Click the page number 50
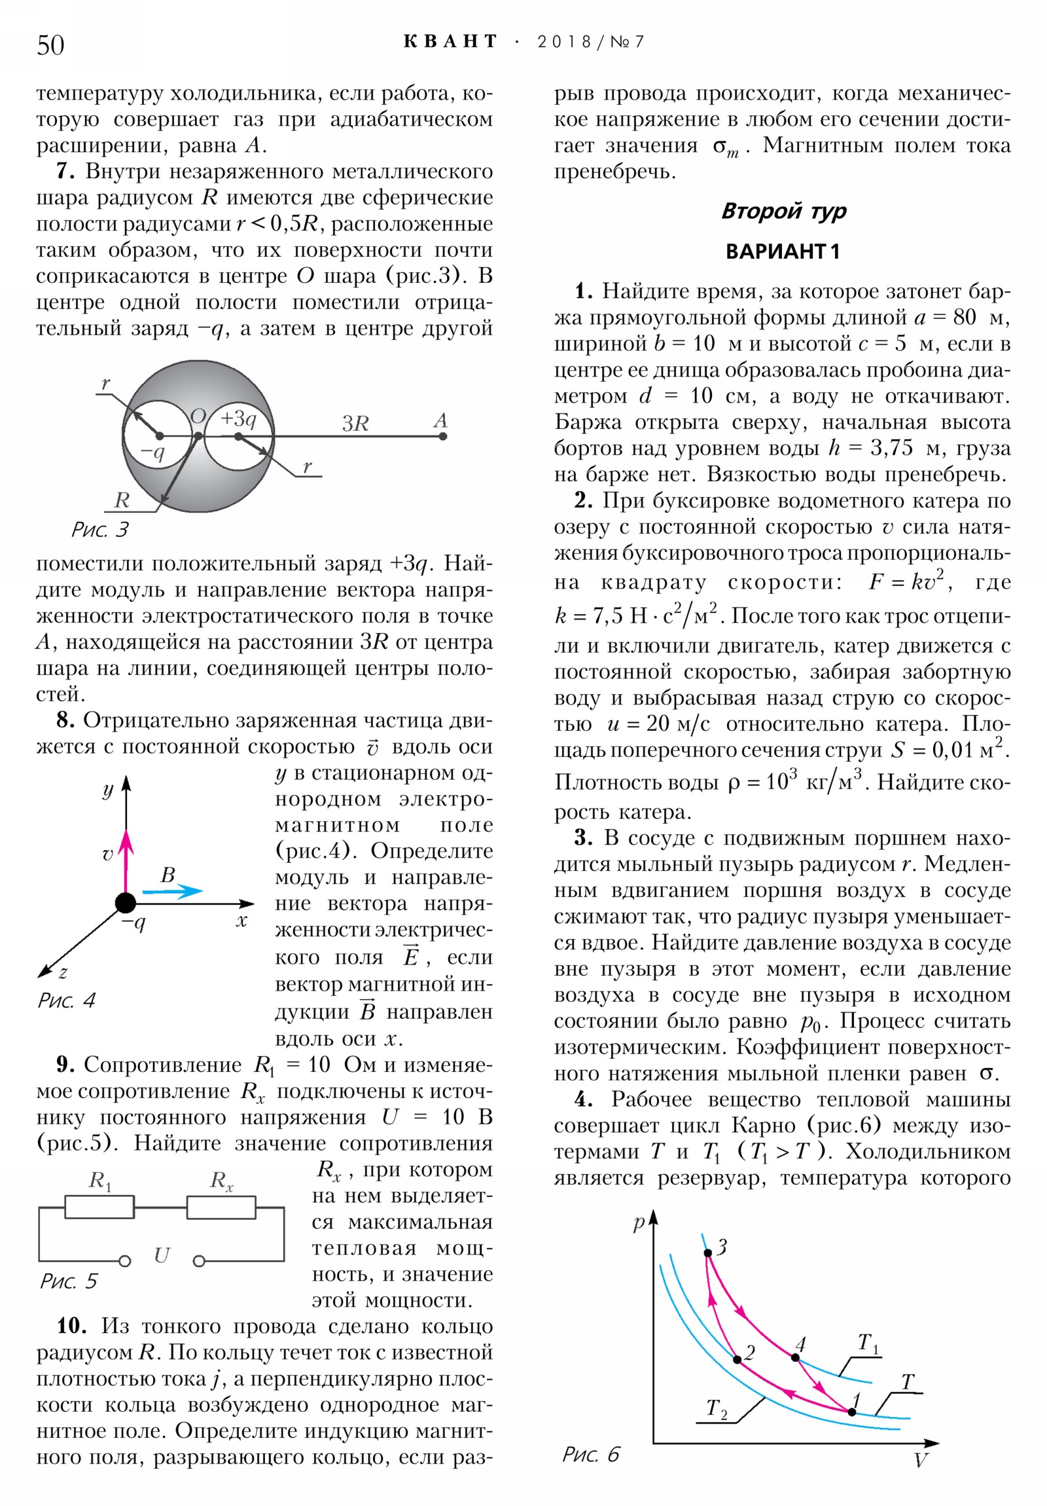click(x=50, y=45)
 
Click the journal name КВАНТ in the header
click(x=450, y=42)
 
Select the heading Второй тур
click(x=783, y=211)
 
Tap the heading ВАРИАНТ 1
click(x=782, y=251)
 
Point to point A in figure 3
click(x=442, y=435)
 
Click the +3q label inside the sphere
click(x=238, y=418)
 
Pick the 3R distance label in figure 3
click(x=355, y=423)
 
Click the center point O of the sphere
click(x=198, y=435)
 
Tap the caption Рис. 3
click(x=99, y=529)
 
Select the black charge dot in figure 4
click(x=125, y=903)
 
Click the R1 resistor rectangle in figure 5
click(x=99, y=1207)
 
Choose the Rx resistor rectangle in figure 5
click(x=221, y=1207)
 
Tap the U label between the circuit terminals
click(x=161, y=1255)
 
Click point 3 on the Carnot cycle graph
click(x=708, y=1253)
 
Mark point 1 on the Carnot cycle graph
click(x=851, y=1412)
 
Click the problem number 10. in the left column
click(x=71, y=1326)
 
